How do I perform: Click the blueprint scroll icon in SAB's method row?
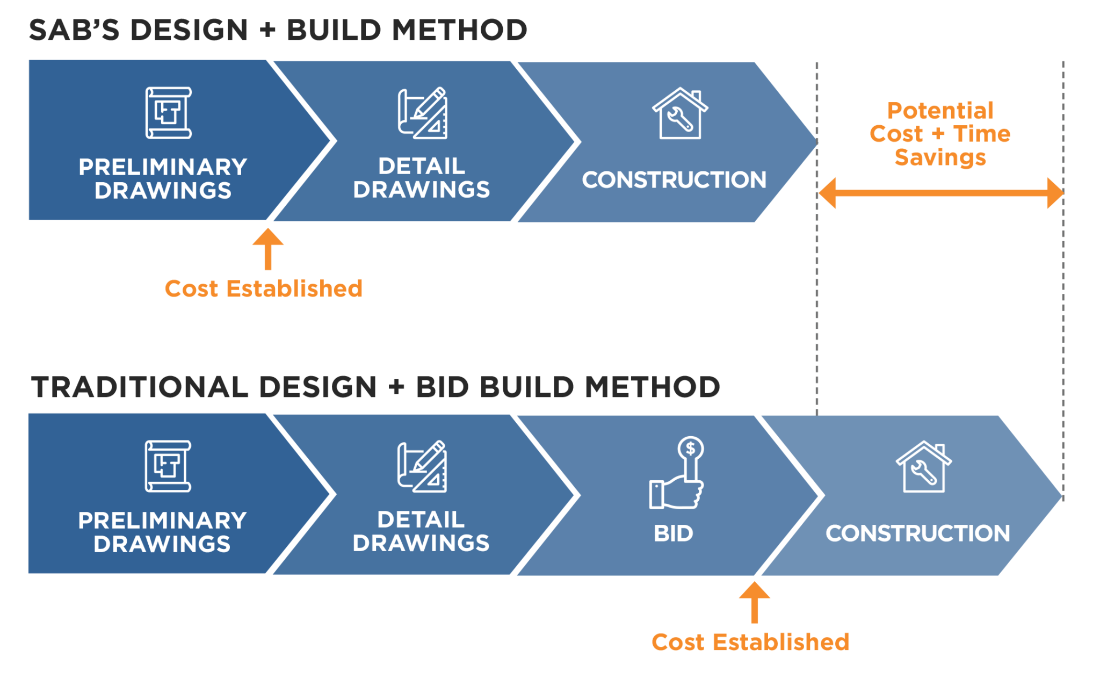click(x=168, y=113)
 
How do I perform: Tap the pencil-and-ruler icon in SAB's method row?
click(x=423, y=113)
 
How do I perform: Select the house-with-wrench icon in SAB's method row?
click(x=680, y=113)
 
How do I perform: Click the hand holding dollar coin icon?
click(x=677, y=473)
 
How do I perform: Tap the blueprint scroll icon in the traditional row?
click(x=168, y=466)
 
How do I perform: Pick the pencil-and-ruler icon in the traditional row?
click(x=422, y=466)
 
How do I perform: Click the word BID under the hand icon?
click(x=674, y=533)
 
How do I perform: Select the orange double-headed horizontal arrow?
click(x=940, y=193)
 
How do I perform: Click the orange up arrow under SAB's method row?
click(x=268, y=249)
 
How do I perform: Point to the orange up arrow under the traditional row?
click(x=754, y=602)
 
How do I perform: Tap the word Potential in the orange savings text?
click(x=940, y=111)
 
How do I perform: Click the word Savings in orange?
click(x=940, y=157)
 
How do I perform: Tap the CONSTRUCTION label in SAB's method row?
click(x=674, y=180)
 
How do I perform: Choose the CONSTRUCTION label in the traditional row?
click(x=918, y=533)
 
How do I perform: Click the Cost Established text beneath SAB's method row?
click(x=263, y=289)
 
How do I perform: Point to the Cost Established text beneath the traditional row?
click(x=750, y=642)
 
